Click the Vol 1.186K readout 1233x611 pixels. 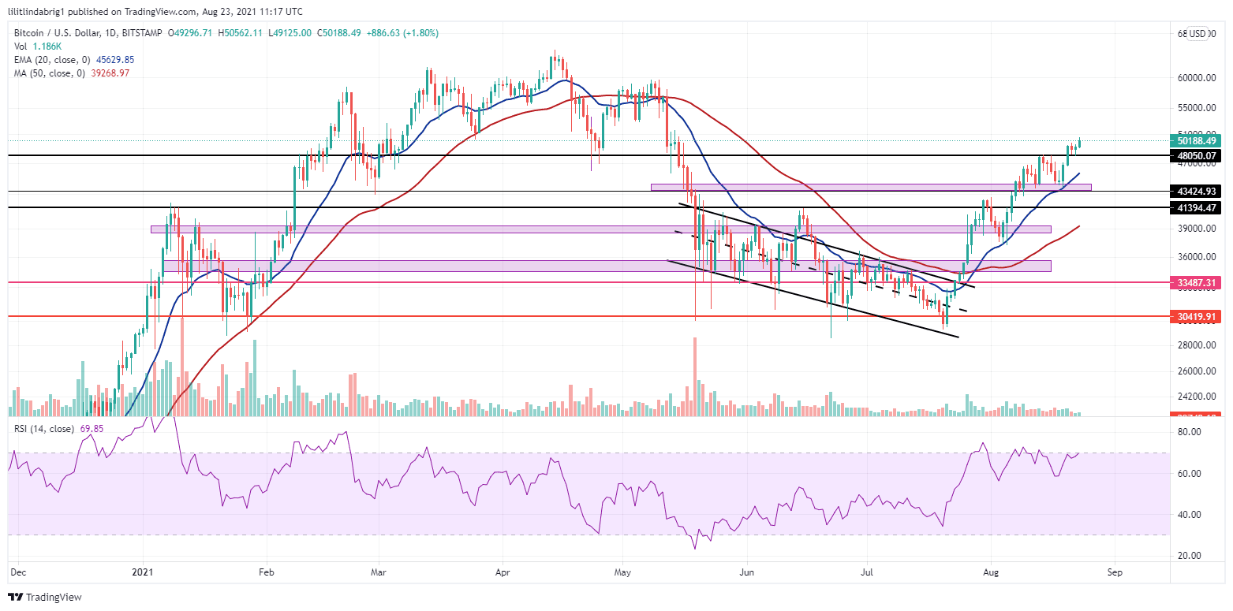click(x=35, y=46)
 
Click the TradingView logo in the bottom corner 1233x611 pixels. click(x=45, y=597)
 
